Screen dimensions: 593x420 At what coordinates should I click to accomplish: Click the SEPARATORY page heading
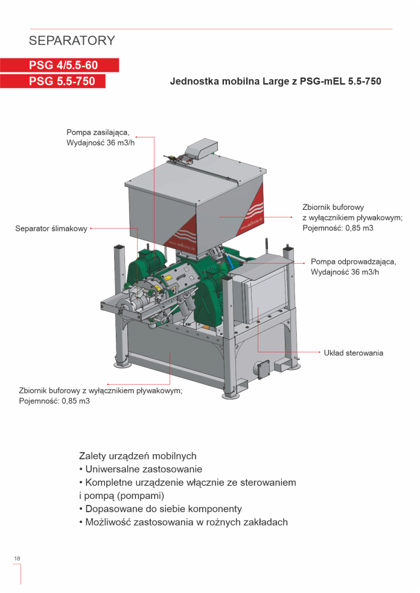click(72, 41)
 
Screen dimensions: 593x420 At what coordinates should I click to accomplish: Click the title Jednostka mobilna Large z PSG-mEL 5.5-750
click(276, 81)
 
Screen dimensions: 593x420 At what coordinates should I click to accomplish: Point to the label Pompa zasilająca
click(98, 133)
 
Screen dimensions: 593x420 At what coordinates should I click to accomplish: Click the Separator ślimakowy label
click(51, 229)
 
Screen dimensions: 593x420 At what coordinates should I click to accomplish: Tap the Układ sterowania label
click(353, 353)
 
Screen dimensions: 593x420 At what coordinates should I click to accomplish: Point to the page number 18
click(17, 559)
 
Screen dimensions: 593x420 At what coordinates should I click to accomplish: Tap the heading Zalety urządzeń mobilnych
click(138, 455)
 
